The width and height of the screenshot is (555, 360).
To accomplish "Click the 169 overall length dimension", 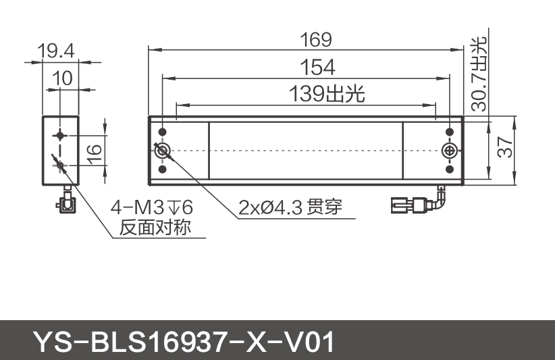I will pos(315,40).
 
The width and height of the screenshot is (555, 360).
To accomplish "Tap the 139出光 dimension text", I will pos(327,94).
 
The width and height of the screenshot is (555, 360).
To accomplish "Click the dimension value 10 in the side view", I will pos(61,78).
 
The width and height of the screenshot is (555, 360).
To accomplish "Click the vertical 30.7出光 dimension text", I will pos(478,74).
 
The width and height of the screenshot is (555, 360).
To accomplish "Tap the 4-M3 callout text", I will pos(147,206).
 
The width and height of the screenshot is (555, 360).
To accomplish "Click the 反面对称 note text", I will pos(155,228).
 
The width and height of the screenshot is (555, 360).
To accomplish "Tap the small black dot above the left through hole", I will pos(162,131).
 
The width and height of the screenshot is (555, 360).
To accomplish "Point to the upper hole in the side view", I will pos(61,134).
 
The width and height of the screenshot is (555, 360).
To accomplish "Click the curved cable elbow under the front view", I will pos(440,197).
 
